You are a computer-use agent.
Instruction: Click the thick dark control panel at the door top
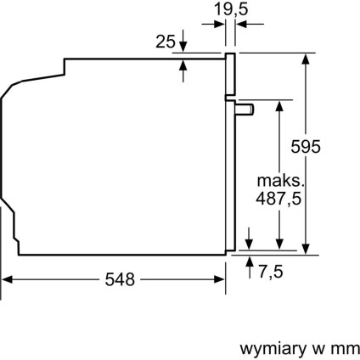pyautogui.click(x=229, y=76)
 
